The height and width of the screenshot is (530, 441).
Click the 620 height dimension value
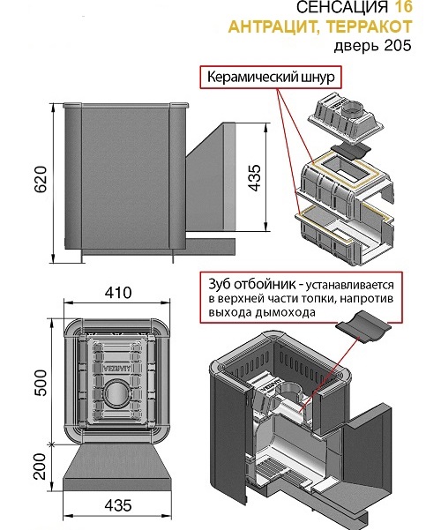tap(41, 180)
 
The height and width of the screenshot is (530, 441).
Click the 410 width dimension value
tap(118, 293)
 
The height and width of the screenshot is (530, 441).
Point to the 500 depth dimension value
tap(41, 383)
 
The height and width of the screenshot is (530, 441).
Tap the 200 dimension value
tap(41, 467)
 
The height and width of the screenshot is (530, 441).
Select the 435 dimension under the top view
tap(118, 505)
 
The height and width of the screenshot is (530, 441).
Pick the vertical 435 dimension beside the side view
tap(255, 178)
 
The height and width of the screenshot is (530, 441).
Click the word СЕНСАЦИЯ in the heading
tap(342, 7)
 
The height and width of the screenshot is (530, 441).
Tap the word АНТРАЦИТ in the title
tap(276, 26)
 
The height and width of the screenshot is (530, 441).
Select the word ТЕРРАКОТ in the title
tap(370, 26)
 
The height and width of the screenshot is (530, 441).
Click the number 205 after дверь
tap(398, 45)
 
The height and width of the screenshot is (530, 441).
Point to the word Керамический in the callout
tap(252, 77)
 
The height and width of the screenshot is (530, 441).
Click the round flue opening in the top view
tap(117, 394)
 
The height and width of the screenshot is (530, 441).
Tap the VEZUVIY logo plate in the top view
tap(117, 368)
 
